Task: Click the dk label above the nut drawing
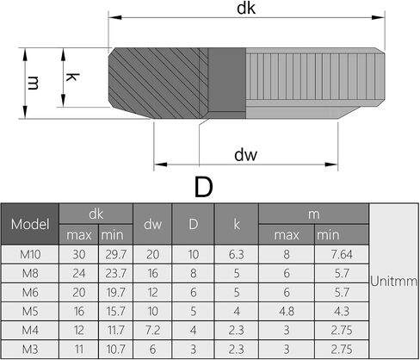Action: [x=246, y=8]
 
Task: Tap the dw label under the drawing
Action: [x=246, y=155]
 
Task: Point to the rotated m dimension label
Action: [x=33, y=83]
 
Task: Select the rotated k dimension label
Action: [x=71, y=77]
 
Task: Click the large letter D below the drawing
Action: [x=203, y=187]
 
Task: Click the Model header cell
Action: [x=30, y=224]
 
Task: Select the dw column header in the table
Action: [x=152, y=224]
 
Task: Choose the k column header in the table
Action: [x=237, y=224]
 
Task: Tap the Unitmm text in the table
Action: [x=393, y=281]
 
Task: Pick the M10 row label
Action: [x=30, y=254]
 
